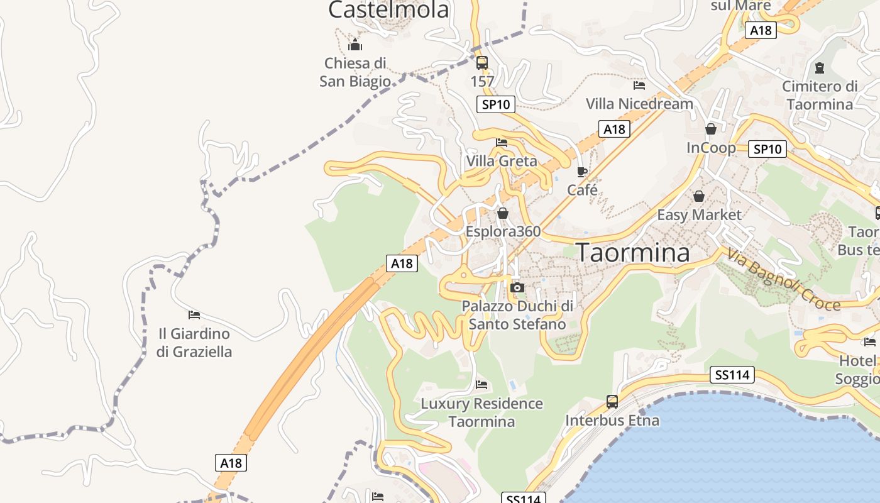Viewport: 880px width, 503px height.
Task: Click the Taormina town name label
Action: click(x=633, y=253)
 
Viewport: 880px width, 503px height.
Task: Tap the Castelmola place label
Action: click(x=388, y=9)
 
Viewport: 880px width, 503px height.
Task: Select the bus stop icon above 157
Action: click(x=482, y=63)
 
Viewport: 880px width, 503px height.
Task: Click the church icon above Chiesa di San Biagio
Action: click(x=355, y=45)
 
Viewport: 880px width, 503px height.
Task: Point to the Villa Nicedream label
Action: click(x=639, y=104)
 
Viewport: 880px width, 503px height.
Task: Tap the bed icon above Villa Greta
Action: click(x=502, y=143)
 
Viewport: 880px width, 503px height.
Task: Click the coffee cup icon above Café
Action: click(x=582, y=172)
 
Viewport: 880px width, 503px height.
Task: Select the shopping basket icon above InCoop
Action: click(x=711, y=129)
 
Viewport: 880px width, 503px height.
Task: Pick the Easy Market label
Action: click(x=699, y=215)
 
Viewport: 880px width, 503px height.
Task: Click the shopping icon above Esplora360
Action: click(x=502, y=214)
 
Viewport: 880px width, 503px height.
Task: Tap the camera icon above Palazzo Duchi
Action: click(x=517, y=288)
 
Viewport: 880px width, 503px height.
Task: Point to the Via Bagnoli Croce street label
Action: click(x=784, y=280)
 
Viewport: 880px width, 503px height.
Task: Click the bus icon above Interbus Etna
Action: click(x=612, y=401)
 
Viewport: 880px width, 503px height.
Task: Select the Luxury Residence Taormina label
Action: click(x=481, y=412)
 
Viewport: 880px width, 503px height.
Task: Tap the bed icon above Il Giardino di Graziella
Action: click(x=194, y=314)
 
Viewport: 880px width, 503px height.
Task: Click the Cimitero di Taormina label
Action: click(x=820, y=96)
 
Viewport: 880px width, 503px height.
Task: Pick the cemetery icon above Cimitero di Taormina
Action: click(x=820, y=67)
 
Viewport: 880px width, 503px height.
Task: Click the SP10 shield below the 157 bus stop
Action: click(x=496, y=104)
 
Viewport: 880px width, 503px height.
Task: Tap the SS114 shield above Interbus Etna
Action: click(x=732, y=375)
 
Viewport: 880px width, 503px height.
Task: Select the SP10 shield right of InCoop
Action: click(x=768, y=149)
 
